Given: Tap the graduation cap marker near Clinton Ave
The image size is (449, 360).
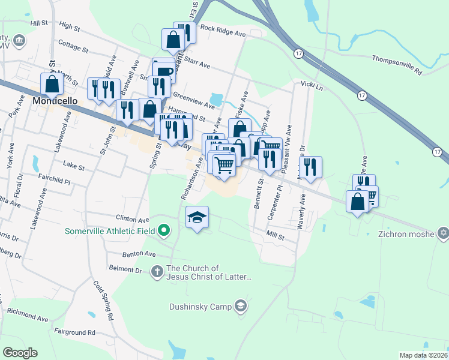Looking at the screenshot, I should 197,217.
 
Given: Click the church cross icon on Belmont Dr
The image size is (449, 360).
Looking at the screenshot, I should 157,272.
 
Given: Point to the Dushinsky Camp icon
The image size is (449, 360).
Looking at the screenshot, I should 240,306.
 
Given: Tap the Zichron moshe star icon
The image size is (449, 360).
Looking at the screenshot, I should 443,233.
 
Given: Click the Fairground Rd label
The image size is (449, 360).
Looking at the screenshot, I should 74,332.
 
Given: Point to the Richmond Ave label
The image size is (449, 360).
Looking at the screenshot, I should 28,311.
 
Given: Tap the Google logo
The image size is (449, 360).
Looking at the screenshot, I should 20,353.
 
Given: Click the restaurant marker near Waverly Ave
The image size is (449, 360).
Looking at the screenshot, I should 310,167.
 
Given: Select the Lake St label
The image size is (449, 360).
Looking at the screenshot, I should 74,162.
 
